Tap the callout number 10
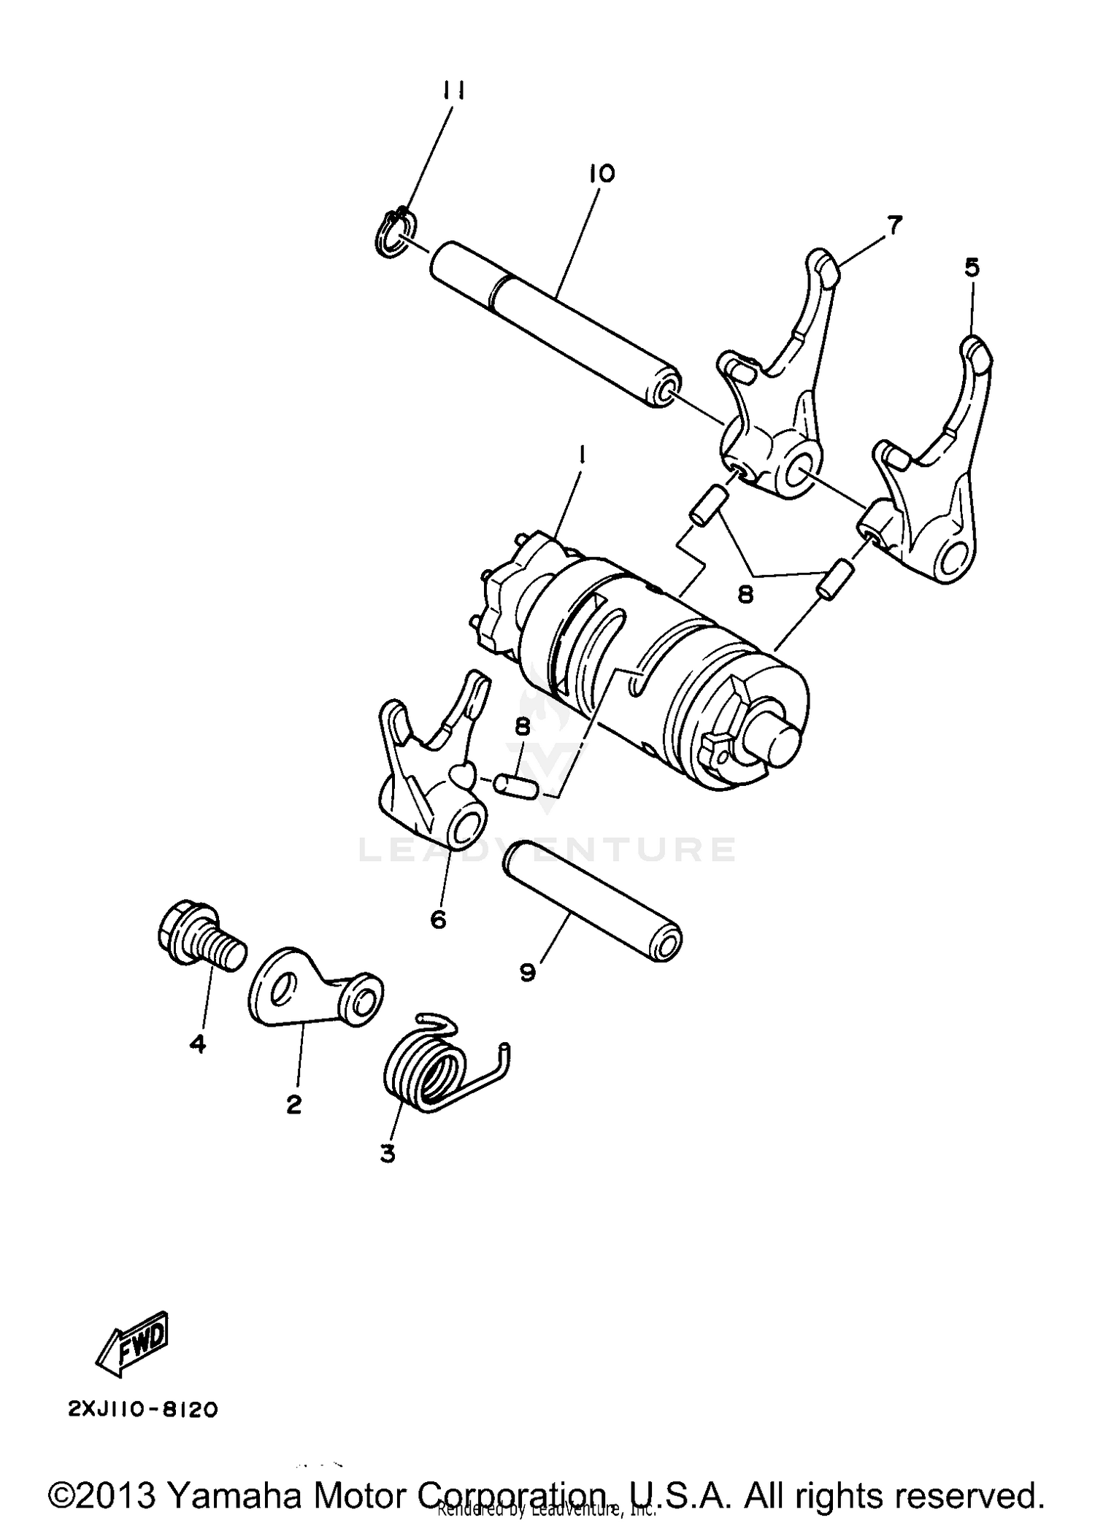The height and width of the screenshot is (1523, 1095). (x=603, y=174)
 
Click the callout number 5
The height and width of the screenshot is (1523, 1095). (x=972, y=268)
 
